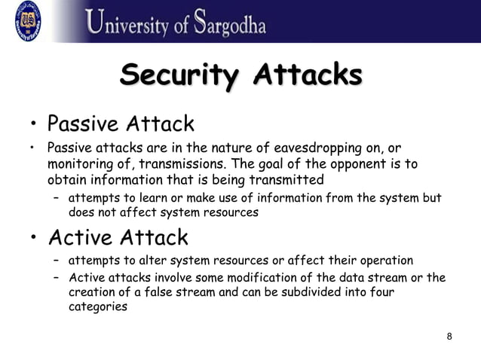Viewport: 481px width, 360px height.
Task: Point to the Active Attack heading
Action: [x=118, y=238]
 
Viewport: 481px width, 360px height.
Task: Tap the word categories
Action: [x=97, y=307]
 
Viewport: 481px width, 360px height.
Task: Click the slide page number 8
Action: [x=449, y=336]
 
